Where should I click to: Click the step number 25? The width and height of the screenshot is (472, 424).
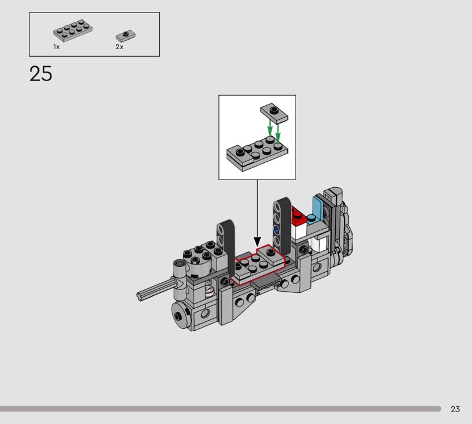tap(41, 74)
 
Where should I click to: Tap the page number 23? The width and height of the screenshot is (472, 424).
tap(455, 409)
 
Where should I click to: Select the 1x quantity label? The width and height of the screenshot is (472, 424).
tap(56, 47)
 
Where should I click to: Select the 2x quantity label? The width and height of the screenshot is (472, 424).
tap(120, 47)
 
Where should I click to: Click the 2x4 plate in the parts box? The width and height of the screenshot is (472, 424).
tap(73, 31)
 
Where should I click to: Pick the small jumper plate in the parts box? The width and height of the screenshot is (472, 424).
tap(126, 36)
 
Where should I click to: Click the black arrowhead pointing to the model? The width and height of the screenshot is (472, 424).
tap(257, 242)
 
